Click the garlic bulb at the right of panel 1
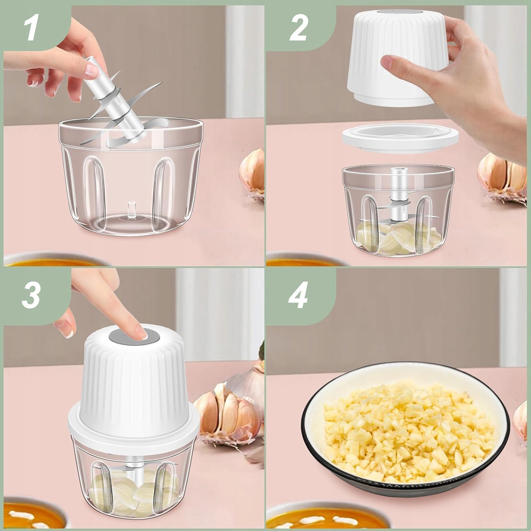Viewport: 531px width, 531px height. point(252,170)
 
